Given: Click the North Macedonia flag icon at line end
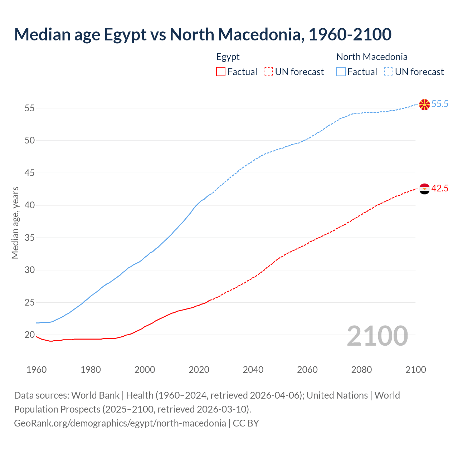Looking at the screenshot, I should coord(424,104).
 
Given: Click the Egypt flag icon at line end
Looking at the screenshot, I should coord(424,189).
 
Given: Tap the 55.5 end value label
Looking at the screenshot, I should coord(440,104).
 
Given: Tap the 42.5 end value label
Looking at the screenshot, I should coord(440,189).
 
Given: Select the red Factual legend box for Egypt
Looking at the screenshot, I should coord(221,72).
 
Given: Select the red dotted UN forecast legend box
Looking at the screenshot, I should coord(268,72).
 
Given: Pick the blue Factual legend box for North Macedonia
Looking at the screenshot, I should coord(341,72).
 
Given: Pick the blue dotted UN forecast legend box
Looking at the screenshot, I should coord(388,72).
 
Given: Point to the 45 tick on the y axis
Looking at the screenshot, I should coord(30,173).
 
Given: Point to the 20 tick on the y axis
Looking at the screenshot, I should coord(30,335).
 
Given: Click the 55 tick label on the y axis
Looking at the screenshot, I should coord(30,108).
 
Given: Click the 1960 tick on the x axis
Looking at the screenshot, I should coord(36,370).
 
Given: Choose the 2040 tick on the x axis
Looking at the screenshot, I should coord(253,370).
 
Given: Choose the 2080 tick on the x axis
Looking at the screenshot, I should coord(361,370).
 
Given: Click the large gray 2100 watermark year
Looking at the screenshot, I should coord(377,336).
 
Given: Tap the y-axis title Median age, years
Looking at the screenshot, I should coord(15,223).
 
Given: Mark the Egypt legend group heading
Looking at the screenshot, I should coord(228,57).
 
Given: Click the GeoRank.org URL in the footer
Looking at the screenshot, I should coord(120,423).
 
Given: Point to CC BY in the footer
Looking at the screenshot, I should coord(246,423).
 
